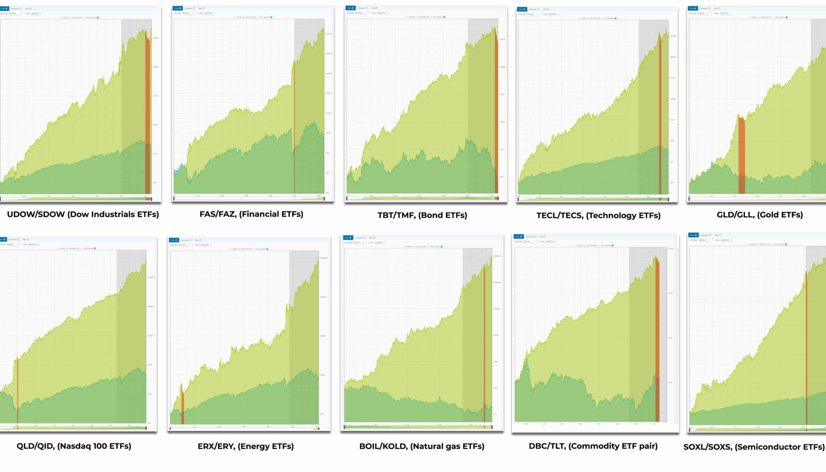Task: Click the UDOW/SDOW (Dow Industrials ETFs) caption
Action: point(83,214)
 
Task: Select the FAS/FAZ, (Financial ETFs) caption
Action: point(251,214)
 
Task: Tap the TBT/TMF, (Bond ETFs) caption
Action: point(422,215)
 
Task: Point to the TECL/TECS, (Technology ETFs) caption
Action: point(598,215)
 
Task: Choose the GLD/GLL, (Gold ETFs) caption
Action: point(759,215)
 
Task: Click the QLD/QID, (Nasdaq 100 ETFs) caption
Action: point(74,446)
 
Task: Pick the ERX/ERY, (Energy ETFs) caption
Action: point(246,446)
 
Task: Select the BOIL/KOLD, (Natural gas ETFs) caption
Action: point(421,446)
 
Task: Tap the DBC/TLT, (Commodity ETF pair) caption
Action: point(593,446)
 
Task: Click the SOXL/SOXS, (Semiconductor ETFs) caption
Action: point(754,447)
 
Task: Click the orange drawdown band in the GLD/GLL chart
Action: point(741,153)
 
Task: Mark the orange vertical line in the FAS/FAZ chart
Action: point(294,129)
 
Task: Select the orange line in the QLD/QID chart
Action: point(17,387)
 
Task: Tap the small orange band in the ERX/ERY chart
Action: point(182,403)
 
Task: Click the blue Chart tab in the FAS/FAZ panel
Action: point(177,8)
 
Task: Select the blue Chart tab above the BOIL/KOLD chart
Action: point(348,238)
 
